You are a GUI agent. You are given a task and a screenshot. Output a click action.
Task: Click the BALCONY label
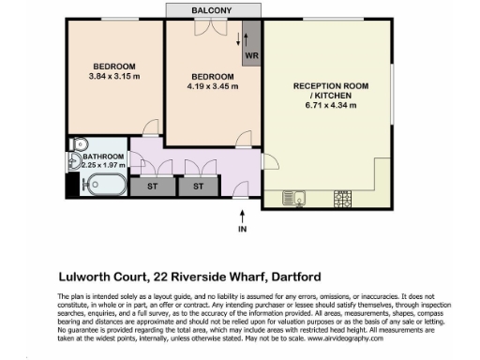tap(214, 9)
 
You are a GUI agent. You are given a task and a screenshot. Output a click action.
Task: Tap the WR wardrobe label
tap(251, 55)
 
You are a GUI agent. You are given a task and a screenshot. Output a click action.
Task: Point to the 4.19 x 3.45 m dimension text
tap(213, 86)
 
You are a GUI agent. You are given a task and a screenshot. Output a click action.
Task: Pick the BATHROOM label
tap(103, 157)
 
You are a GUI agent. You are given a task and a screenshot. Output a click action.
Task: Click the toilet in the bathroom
tap(78, 145)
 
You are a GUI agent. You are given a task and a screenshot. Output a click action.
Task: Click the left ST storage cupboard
tap(152, 187)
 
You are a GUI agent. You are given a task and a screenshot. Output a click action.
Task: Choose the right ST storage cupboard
tap(198, 187)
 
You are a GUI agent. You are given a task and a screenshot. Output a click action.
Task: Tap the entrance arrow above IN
tap(242, 215)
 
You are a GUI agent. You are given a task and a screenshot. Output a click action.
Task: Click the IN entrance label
tap(242, 230)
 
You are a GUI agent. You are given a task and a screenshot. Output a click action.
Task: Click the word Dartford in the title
tap(300, 277)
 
